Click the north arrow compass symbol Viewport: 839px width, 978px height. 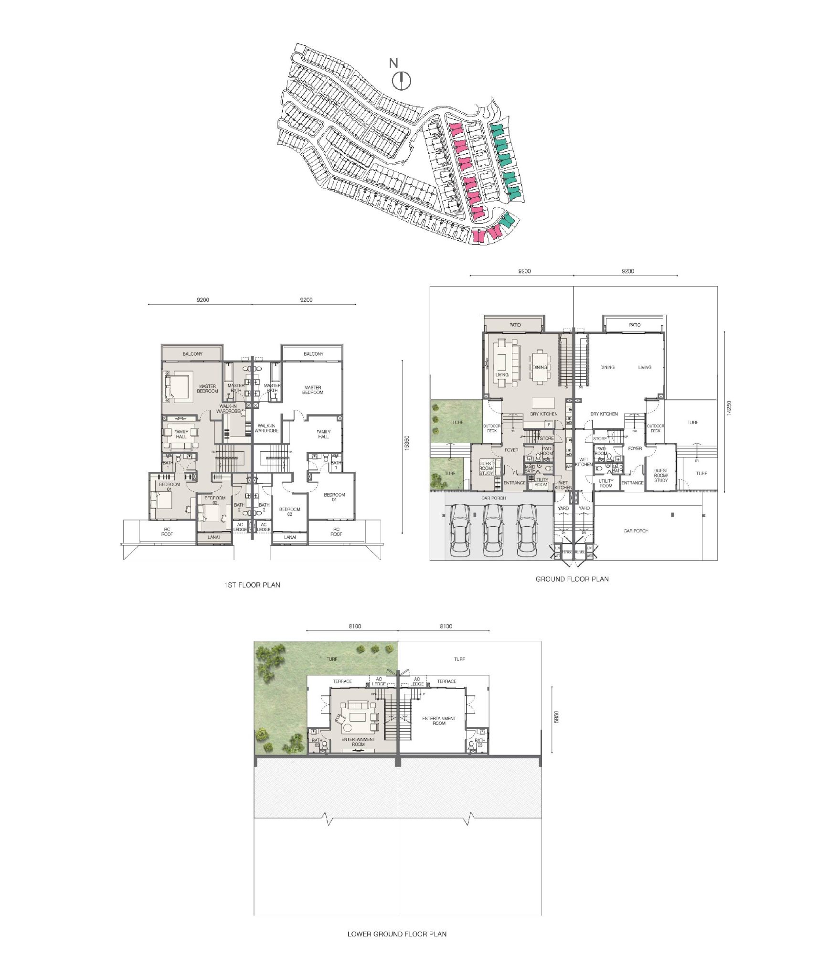point(402,81)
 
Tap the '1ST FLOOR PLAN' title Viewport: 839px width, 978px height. point(252,585)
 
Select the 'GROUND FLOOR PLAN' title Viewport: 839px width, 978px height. point(572,579)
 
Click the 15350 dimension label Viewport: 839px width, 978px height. point(407,442)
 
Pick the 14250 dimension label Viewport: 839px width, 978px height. point(729,407)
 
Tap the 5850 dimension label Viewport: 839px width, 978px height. point(556,717)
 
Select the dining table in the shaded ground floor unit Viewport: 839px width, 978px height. point(540,367)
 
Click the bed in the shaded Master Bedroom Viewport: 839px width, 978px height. point(177,385)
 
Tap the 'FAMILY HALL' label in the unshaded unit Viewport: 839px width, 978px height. point(323,434)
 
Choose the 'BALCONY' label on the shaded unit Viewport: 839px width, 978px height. point(192,354)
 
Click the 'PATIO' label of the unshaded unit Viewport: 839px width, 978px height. point(635,325)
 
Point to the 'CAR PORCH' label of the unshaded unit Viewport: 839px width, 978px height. point(636,531)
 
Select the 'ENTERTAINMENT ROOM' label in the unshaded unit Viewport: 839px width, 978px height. point(439,721)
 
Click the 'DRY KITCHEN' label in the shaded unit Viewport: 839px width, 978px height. point(543,414)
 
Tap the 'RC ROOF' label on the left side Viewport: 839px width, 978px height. point(167,532)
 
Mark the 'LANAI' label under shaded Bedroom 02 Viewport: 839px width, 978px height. point(214,537)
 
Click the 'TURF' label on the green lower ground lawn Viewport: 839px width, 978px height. point(332,659)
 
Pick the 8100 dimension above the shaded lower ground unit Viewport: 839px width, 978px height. point(355,626)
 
